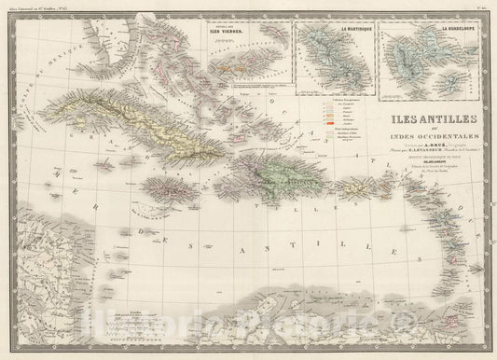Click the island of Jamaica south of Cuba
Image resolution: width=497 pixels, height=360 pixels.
click(x=172, y=192)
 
